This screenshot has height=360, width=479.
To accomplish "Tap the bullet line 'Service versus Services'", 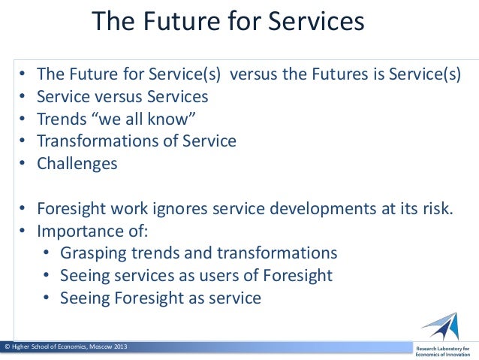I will coord(122,97).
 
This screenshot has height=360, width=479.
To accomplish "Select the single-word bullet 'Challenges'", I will coord(77,163).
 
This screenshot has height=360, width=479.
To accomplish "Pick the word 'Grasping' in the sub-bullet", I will coord(92,253).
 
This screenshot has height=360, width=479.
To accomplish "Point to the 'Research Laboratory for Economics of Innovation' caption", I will coord(443,351).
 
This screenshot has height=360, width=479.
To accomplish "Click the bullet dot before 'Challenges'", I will coord(24,163).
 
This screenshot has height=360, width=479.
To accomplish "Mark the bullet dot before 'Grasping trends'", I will coord(47,253).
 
